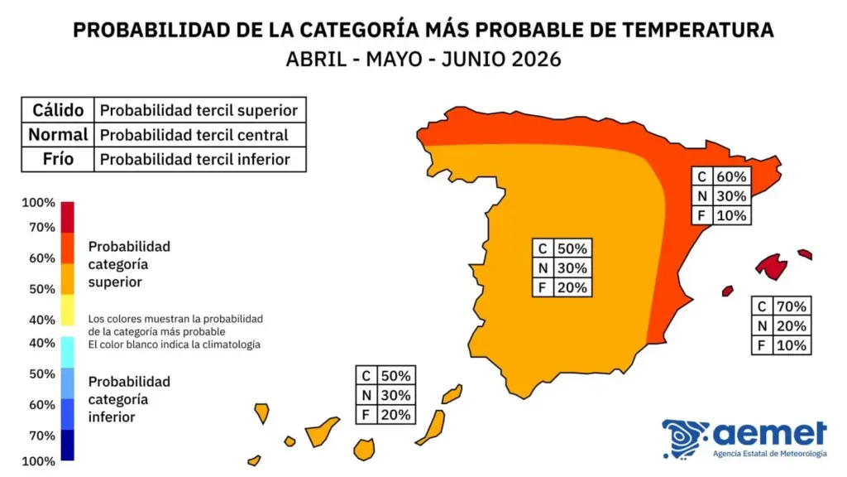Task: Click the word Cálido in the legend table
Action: coord(57,109)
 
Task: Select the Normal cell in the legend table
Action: coord(57,134)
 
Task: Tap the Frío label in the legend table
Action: coord(57,159)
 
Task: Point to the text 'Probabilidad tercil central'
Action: coord(194,134)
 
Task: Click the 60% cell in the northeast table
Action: coord(732,176)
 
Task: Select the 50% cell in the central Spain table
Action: coord(572,248)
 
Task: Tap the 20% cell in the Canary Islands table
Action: coord(395,415)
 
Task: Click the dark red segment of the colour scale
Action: coord(68,217)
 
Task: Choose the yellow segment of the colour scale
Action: coord(68,310)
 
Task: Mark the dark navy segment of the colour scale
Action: coord(68,445)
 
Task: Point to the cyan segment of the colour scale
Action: coord(68,351)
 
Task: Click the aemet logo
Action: coord(744,438)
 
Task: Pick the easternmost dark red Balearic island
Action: coord(805,254)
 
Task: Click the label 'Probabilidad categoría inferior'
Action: coord(129,399)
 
